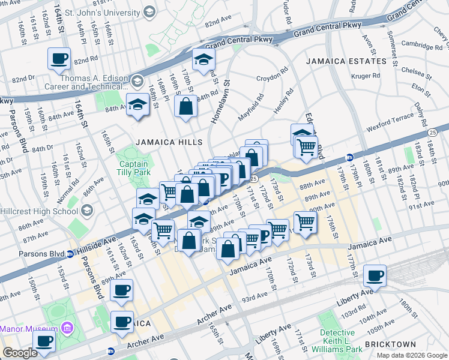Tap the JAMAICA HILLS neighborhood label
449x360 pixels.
167,142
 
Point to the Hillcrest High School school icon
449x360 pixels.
88,210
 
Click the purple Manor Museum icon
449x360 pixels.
67,328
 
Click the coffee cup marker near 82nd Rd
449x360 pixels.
59,59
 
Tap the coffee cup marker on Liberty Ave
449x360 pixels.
375,276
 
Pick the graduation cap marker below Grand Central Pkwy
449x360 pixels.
204,59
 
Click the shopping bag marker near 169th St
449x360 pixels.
186,106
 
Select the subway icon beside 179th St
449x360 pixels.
349,158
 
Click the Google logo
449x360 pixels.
20,353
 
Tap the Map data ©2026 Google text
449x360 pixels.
411,355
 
